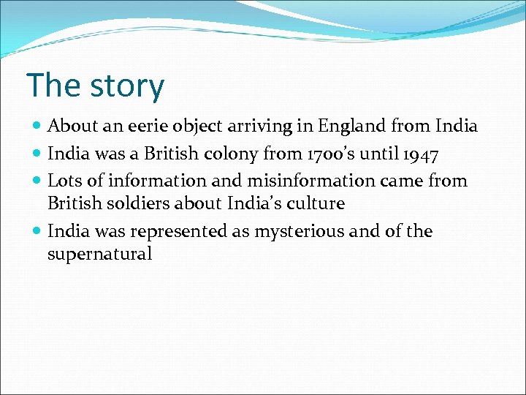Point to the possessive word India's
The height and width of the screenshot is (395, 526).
click(248, 203)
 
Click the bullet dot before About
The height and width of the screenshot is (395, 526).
click(37, 127)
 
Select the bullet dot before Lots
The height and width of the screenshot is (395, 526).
click(37, 181)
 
